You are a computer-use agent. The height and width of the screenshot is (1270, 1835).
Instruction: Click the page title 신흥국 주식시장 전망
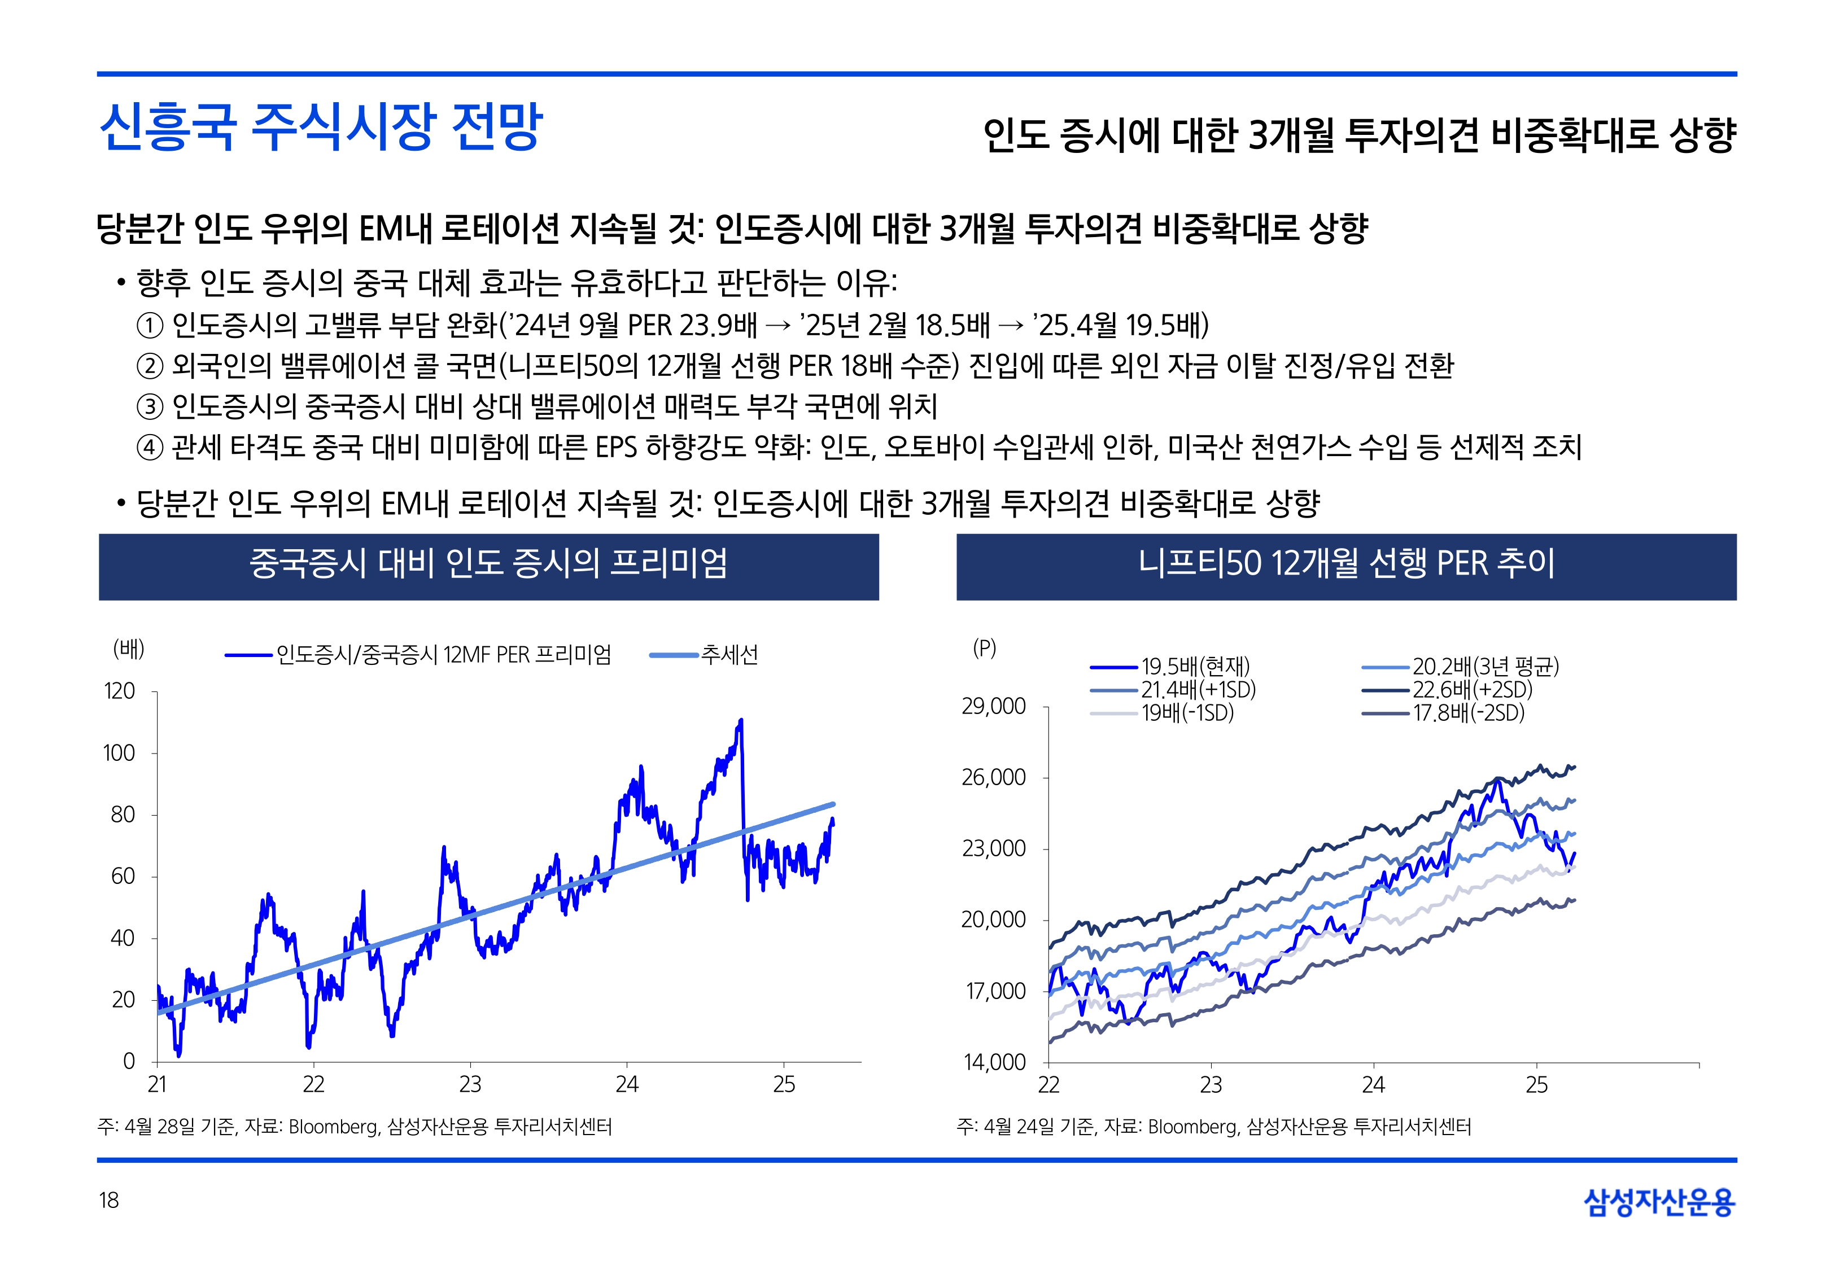pyautogui.click(x=320, y=128)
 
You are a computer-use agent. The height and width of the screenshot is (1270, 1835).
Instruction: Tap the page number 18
pyautogui.click(x=109, y=1200)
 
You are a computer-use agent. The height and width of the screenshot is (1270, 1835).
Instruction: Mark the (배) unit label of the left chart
pyautogui.click(x=129, y=649)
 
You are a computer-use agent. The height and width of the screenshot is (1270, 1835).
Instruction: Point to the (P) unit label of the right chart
pyautogui.click(x=984, y=649)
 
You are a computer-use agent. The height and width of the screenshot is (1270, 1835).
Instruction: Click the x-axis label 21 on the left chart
pyautogui.click(x=157, y=1085)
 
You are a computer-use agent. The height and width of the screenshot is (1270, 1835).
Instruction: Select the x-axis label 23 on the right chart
pyautogui.click(x=1211, y=1085)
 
